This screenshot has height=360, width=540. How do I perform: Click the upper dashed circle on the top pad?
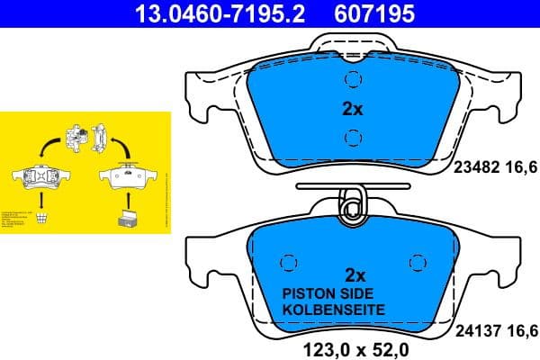tap(353, 80)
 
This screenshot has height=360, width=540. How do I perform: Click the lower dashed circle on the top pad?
tap(353, 138)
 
